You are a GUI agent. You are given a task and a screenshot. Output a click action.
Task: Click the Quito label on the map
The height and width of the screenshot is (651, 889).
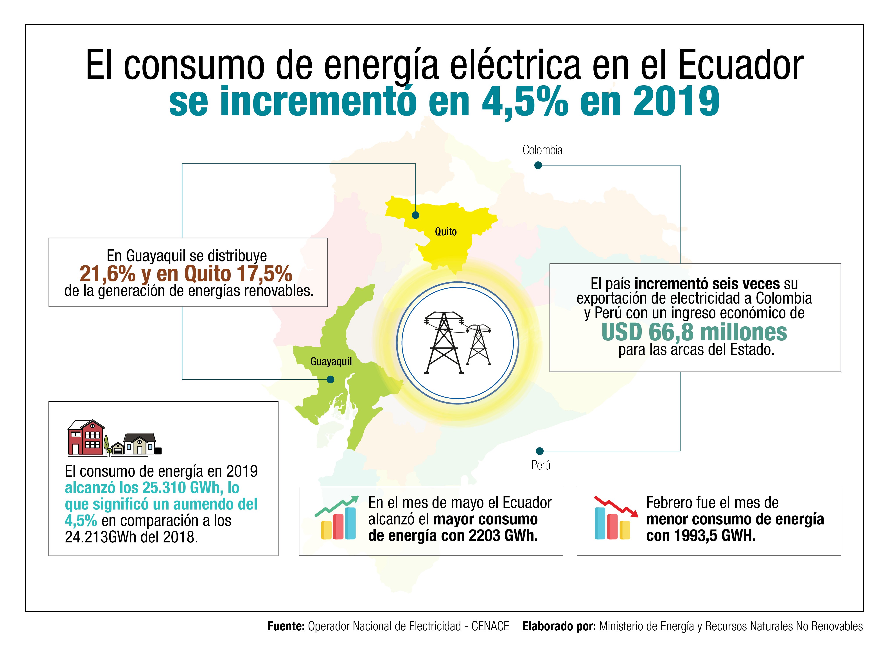click(445, 232)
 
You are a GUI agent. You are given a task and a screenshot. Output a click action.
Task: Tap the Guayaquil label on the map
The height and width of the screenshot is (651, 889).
click(331, 361)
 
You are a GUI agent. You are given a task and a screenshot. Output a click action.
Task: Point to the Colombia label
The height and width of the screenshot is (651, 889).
click(542, 150)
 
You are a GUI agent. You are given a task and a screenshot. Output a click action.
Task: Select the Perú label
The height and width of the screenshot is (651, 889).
click(541, 465)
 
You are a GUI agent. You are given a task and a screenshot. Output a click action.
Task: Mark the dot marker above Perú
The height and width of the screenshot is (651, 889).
click(540, 451)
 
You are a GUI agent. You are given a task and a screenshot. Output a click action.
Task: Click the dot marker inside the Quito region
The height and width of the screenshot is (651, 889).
click(415, 215)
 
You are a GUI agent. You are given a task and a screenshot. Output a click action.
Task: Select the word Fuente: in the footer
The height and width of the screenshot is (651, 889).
click(286, 626)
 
